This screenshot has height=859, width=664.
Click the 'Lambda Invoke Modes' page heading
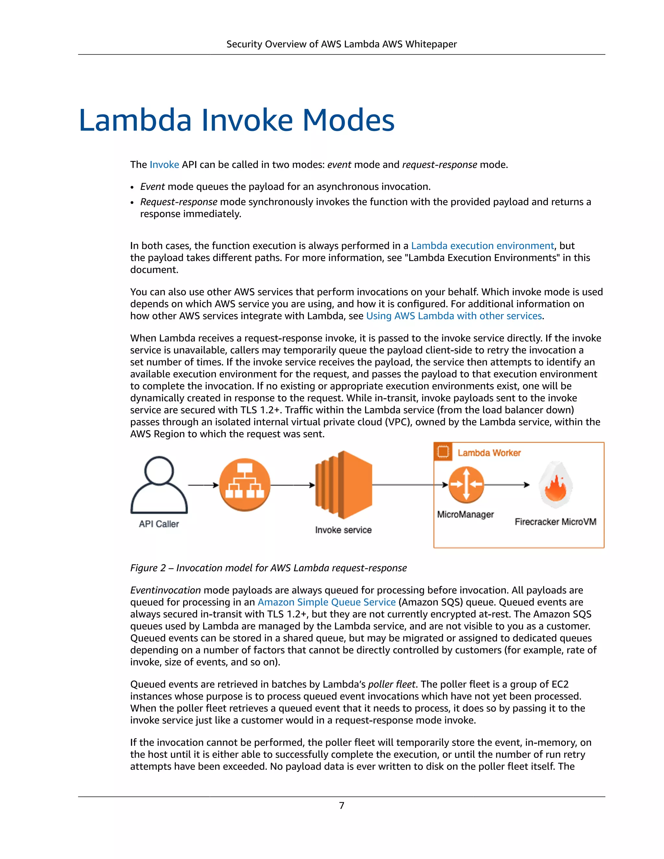[236, 120]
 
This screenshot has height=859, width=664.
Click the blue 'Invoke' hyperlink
[164, 164]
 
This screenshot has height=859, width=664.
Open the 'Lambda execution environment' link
[482, 246]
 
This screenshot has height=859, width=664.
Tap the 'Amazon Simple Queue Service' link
[326, 602]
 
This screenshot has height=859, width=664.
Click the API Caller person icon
[159, 485]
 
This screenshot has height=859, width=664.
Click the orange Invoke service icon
[343, 485]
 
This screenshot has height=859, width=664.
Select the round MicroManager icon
[466, 485]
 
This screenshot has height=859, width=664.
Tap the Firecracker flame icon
[555, 485]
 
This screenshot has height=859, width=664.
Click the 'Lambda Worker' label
[489, 453]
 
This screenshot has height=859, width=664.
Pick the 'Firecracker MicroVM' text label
[555, 522]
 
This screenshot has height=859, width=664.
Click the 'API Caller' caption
[159, 524]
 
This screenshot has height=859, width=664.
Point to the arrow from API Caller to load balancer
[203, 485]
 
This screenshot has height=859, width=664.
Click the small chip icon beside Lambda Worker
[443, 452]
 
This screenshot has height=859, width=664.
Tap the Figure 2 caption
[268, 568]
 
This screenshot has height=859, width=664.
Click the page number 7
[341, 806]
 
